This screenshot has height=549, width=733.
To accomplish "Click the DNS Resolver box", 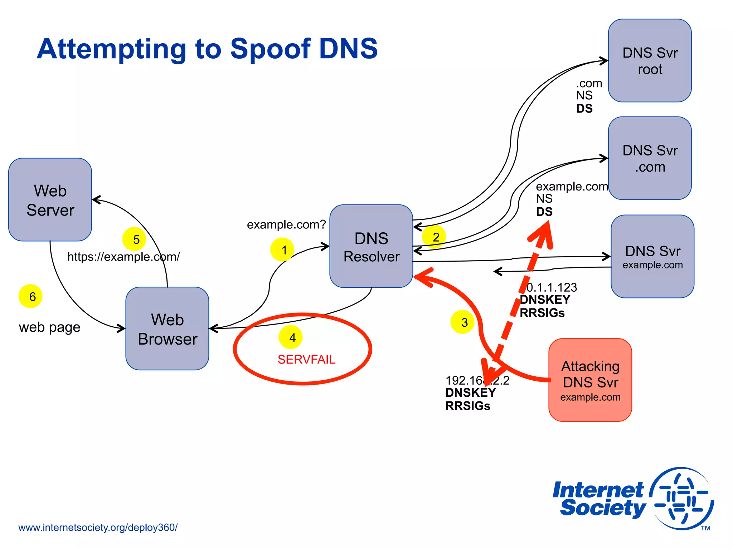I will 371,246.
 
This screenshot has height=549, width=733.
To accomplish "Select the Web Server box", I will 50,200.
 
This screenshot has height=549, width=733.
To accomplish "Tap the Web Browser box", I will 167,328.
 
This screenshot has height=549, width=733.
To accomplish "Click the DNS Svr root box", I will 650,61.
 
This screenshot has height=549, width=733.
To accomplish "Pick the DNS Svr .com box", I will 650,158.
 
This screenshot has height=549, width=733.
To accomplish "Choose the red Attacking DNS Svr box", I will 590,380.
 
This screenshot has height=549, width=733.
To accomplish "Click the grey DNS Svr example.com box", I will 652,256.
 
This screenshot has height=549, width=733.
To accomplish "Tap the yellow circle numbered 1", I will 282,249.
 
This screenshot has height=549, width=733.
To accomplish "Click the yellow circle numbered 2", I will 434,237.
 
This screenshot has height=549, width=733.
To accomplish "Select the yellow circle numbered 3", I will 462,322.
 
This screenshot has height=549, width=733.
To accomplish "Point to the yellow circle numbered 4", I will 291,337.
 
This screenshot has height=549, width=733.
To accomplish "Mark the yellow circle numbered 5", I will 134,239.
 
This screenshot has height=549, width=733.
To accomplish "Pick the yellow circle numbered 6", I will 30,296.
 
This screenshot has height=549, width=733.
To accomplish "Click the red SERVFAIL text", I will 306,359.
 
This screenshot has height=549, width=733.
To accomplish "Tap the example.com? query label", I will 286,224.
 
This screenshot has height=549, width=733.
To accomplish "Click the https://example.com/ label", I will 123,257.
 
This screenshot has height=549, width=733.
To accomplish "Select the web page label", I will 49,327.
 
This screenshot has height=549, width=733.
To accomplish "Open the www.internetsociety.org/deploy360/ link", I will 98,528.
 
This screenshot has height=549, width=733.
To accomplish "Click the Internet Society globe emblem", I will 682,499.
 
